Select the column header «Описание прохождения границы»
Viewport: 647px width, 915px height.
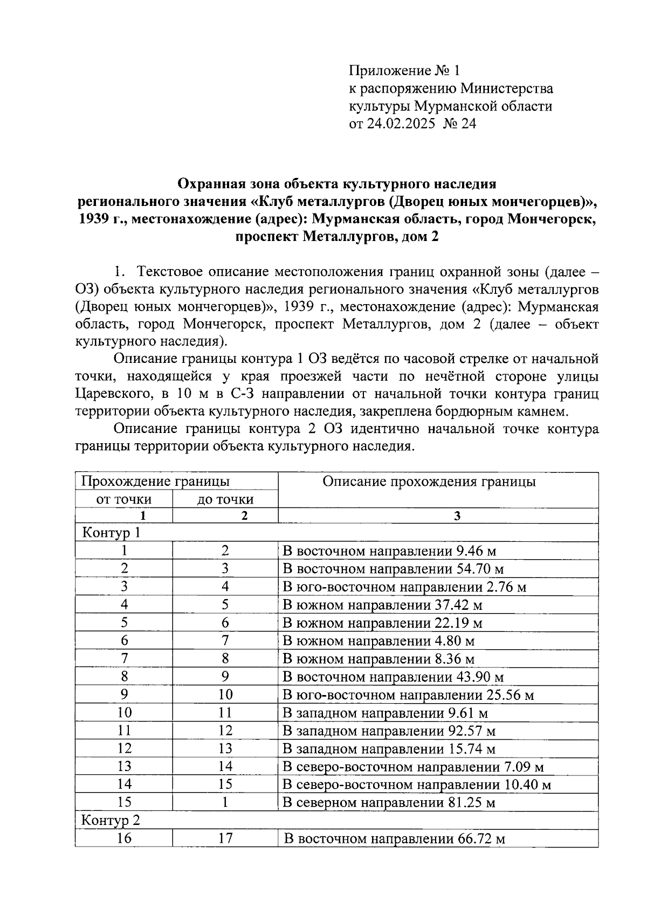pyautogui.click(x=429, y=481)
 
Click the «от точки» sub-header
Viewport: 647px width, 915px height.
pyautogui.click(x=123, y=499)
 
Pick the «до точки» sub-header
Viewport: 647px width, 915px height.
pyautogui.click(x=225, y=499)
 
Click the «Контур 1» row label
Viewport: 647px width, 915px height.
pyautogui.click(x=111, y=533)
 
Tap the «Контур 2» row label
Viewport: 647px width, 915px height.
pyautogui.click(x=111, y=820)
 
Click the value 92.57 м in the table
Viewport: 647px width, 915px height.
pyautogui.click(x=472, y=731)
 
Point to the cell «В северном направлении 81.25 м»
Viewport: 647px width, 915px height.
pyautogui.click(x=389, y=802)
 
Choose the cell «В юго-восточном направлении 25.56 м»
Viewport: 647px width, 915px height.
pyautogui.click(x=408, y=695)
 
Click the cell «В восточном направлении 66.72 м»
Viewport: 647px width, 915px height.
pyautogui.click(x=394, y=839)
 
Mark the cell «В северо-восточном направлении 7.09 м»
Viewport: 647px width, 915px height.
pyautogui.click(x=413, y=767)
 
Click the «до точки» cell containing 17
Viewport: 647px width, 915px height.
pyautogui.click(x=225, y=838)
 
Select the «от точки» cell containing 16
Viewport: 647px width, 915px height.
pyautogui.click(x=124, y=838)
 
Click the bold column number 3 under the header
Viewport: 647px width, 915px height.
pyautogui.click(x=457, y=516)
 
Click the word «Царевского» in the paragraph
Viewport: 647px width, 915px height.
pyautogui.click(x=110, y=394)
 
